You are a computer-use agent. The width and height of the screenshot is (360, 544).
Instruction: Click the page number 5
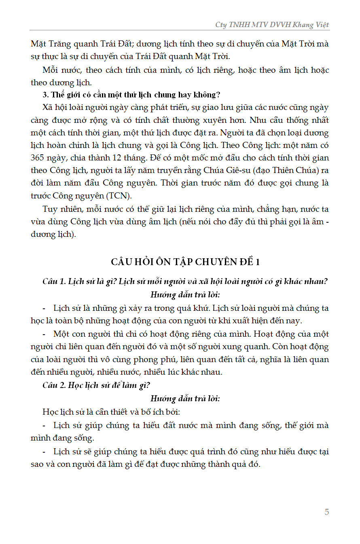(327, 512)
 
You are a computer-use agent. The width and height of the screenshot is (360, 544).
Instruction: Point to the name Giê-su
(236, 170)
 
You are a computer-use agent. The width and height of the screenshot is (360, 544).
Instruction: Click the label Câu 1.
(54, 281)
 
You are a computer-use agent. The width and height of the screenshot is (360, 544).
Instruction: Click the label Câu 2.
(54, 385)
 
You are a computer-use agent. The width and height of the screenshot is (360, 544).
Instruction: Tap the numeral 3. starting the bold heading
(45, 95)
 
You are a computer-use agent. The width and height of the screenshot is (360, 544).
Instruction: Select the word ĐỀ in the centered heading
(244, 262)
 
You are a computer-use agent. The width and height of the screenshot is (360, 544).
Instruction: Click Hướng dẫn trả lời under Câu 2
(185, 399)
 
